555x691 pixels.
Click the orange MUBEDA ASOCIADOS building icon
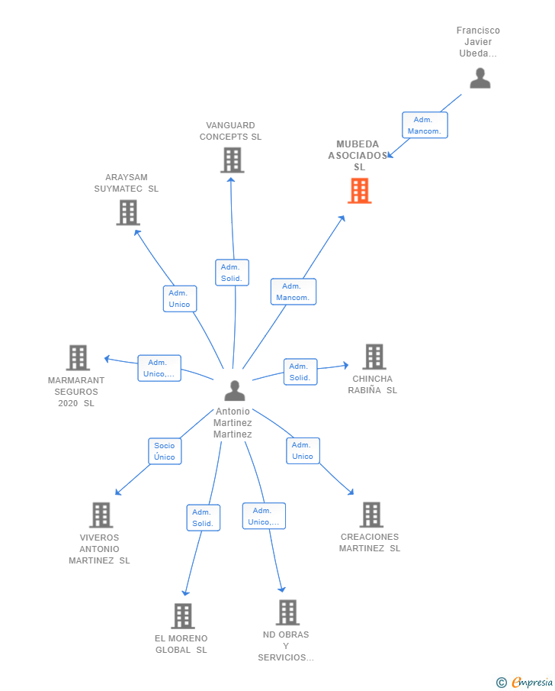pyautogui.click(x=360, y=190)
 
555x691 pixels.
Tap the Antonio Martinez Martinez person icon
pyautogui.click(x=235, y=390)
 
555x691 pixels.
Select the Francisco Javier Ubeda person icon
pyautogui.click(x=480, y=78)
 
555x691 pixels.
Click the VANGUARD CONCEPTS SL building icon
pyautogui.click(x=232, y=160)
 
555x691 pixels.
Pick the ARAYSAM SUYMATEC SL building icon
pyautogui.click(x=128, y=212)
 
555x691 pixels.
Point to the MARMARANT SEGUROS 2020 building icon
pyautogui.click(x=78, y=357)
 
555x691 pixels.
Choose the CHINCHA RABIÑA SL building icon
pyautogui.click(x=374, y=357)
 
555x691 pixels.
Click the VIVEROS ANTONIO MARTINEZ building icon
pyautogui.click(x=101, y=515)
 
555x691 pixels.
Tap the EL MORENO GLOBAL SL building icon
pyautogui.click(x=183, y=615)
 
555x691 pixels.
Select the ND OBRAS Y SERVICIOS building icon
pyautogui.click(x=287, y=612)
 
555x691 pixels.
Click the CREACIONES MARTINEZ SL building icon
pyautogui.click(x=371, y=515)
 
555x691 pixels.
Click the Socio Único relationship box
pyautogui.click(x=165, y=451)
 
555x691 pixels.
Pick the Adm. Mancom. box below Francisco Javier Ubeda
pyautogui.click(x=425, y=125)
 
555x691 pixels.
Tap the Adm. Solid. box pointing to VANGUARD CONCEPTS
pyautogui.click(x=232, y=273)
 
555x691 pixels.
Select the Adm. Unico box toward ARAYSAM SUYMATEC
pyautogui.click(x=180, y=299)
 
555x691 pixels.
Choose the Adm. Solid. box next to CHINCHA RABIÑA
pyautogui.click(x=300, y=372)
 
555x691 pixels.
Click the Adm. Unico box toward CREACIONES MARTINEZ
pyautogui.click(x=303, y=450)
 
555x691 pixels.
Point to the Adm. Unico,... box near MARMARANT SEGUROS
pyautogui.click(x=159, y=368)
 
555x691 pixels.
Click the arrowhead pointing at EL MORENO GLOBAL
pyautogui.click(x=186, y=593)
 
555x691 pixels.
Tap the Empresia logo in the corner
pyautogui.click(x=525, y=682)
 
